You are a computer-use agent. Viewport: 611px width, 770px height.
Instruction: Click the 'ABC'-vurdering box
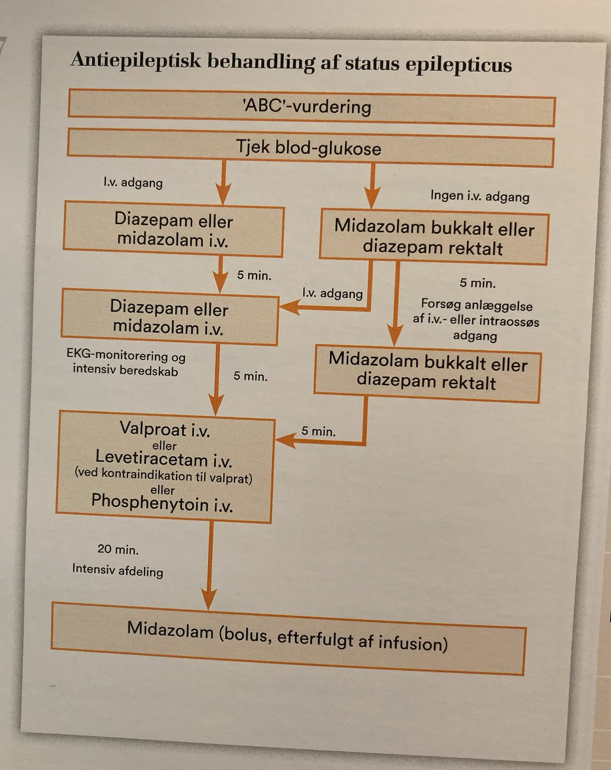311,108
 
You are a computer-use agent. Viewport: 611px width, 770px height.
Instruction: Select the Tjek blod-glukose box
311,148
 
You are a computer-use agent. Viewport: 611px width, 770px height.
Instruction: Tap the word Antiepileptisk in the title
136,60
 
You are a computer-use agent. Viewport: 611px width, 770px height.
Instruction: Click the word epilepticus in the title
459,65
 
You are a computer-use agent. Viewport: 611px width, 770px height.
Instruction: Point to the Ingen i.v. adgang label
480,197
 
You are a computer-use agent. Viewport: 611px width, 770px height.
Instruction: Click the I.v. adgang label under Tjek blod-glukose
133,183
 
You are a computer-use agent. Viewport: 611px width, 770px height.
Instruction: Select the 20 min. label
118,549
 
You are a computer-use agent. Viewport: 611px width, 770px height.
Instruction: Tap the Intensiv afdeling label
117,570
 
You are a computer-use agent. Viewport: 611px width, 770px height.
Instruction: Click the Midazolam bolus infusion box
288,639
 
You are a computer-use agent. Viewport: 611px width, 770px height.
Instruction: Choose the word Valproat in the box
153,428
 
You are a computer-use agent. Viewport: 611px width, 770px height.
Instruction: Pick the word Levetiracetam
151,458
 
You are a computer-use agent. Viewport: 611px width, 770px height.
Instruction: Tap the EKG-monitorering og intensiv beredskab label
126,363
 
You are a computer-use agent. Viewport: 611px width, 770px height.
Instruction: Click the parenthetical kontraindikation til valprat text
163,476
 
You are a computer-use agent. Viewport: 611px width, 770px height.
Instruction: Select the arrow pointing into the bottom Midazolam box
210,565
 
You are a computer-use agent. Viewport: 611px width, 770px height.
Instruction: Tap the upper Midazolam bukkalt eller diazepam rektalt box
434,237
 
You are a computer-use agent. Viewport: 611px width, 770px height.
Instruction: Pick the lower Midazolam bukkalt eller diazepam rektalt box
428,373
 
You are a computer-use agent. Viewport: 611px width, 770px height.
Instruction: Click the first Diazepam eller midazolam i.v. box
174,229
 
